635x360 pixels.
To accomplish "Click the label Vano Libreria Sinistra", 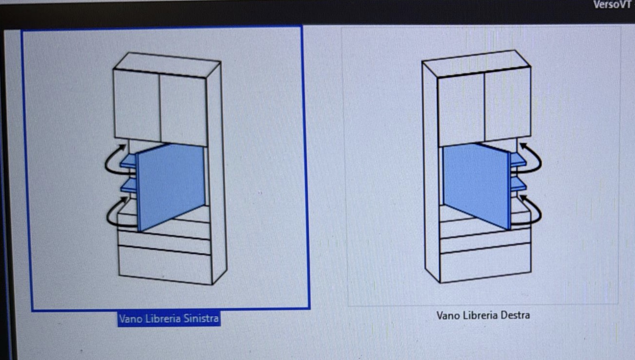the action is click(169, 319).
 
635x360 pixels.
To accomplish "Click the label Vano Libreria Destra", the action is click(483, 315).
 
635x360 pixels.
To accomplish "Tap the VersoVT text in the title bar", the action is click(613, 4).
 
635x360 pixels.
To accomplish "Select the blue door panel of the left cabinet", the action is click(171, 186).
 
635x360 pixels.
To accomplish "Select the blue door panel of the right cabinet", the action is click(477, 185).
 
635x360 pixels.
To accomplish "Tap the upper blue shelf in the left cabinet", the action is click(128, 161).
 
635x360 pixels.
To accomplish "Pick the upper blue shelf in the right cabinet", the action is click(518, 159).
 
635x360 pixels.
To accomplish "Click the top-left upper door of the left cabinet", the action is click(137, 105).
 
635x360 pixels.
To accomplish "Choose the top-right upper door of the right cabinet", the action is click(508, 104).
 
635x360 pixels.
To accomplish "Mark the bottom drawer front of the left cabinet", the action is click(165, 265).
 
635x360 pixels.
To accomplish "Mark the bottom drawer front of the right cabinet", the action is click(485, 263).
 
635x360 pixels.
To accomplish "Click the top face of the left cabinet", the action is click(167, 65).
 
